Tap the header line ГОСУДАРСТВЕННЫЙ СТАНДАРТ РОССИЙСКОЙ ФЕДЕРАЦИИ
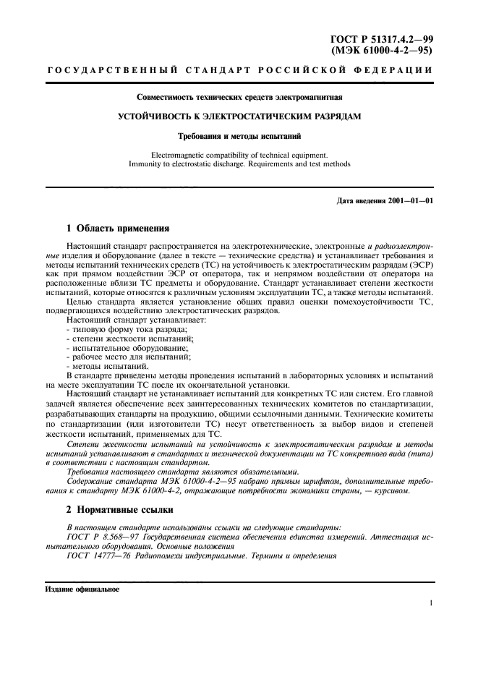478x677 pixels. pos(239,71)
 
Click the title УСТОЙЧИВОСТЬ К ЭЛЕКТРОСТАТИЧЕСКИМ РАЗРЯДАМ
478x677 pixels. pos(239,116)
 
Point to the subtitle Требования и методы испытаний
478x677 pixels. pos(239,135)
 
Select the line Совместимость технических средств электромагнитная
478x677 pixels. pos(239,96)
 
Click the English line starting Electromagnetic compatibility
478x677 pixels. pos(239,154)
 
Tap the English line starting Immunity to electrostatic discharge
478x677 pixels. pos(239,164)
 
